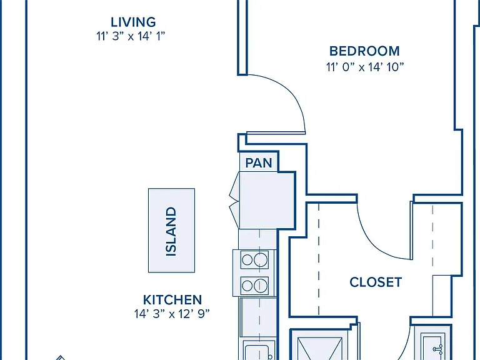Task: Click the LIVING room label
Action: (x=133, y=22)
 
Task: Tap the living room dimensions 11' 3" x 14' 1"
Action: (x=131, y=36)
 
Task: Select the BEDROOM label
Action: (x=364, y=51)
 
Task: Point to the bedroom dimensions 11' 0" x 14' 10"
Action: (x=365, y=67)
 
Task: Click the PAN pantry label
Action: (x=259, y=163)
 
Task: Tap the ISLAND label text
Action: (x=171, y=231)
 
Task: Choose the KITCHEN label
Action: (x=172, y=300)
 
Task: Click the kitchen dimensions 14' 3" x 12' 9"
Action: (x=172, y=314)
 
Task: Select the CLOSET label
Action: (x=376, y=282)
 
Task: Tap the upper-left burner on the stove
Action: (x=247, y=260)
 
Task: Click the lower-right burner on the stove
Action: (x=261, y=286)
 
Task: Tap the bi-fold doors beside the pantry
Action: (x=234, y=200)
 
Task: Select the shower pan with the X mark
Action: (x=319, y=348)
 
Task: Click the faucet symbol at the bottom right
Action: (x=438, y=349)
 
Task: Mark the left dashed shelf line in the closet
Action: (x=319, y=259)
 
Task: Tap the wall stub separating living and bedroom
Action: (x=242, y=37)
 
